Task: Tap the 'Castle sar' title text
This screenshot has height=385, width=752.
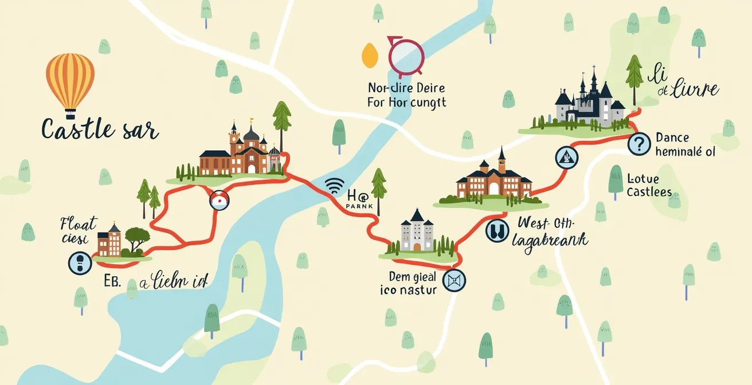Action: pos(99,129)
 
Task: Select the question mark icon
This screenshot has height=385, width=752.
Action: pos(639,144)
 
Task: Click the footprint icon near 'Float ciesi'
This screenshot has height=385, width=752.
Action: pos(80,263)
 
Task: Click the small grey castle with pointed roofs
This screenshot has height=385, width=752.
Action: pos(417,232)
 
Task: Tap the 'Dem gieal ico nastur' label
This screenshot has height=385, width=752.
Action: pos(408,283)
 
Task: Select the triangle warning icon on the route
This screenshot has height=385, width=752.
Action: pos(565,156)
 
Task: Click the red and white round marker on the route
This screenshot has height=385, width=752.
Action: pos(220,200)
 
